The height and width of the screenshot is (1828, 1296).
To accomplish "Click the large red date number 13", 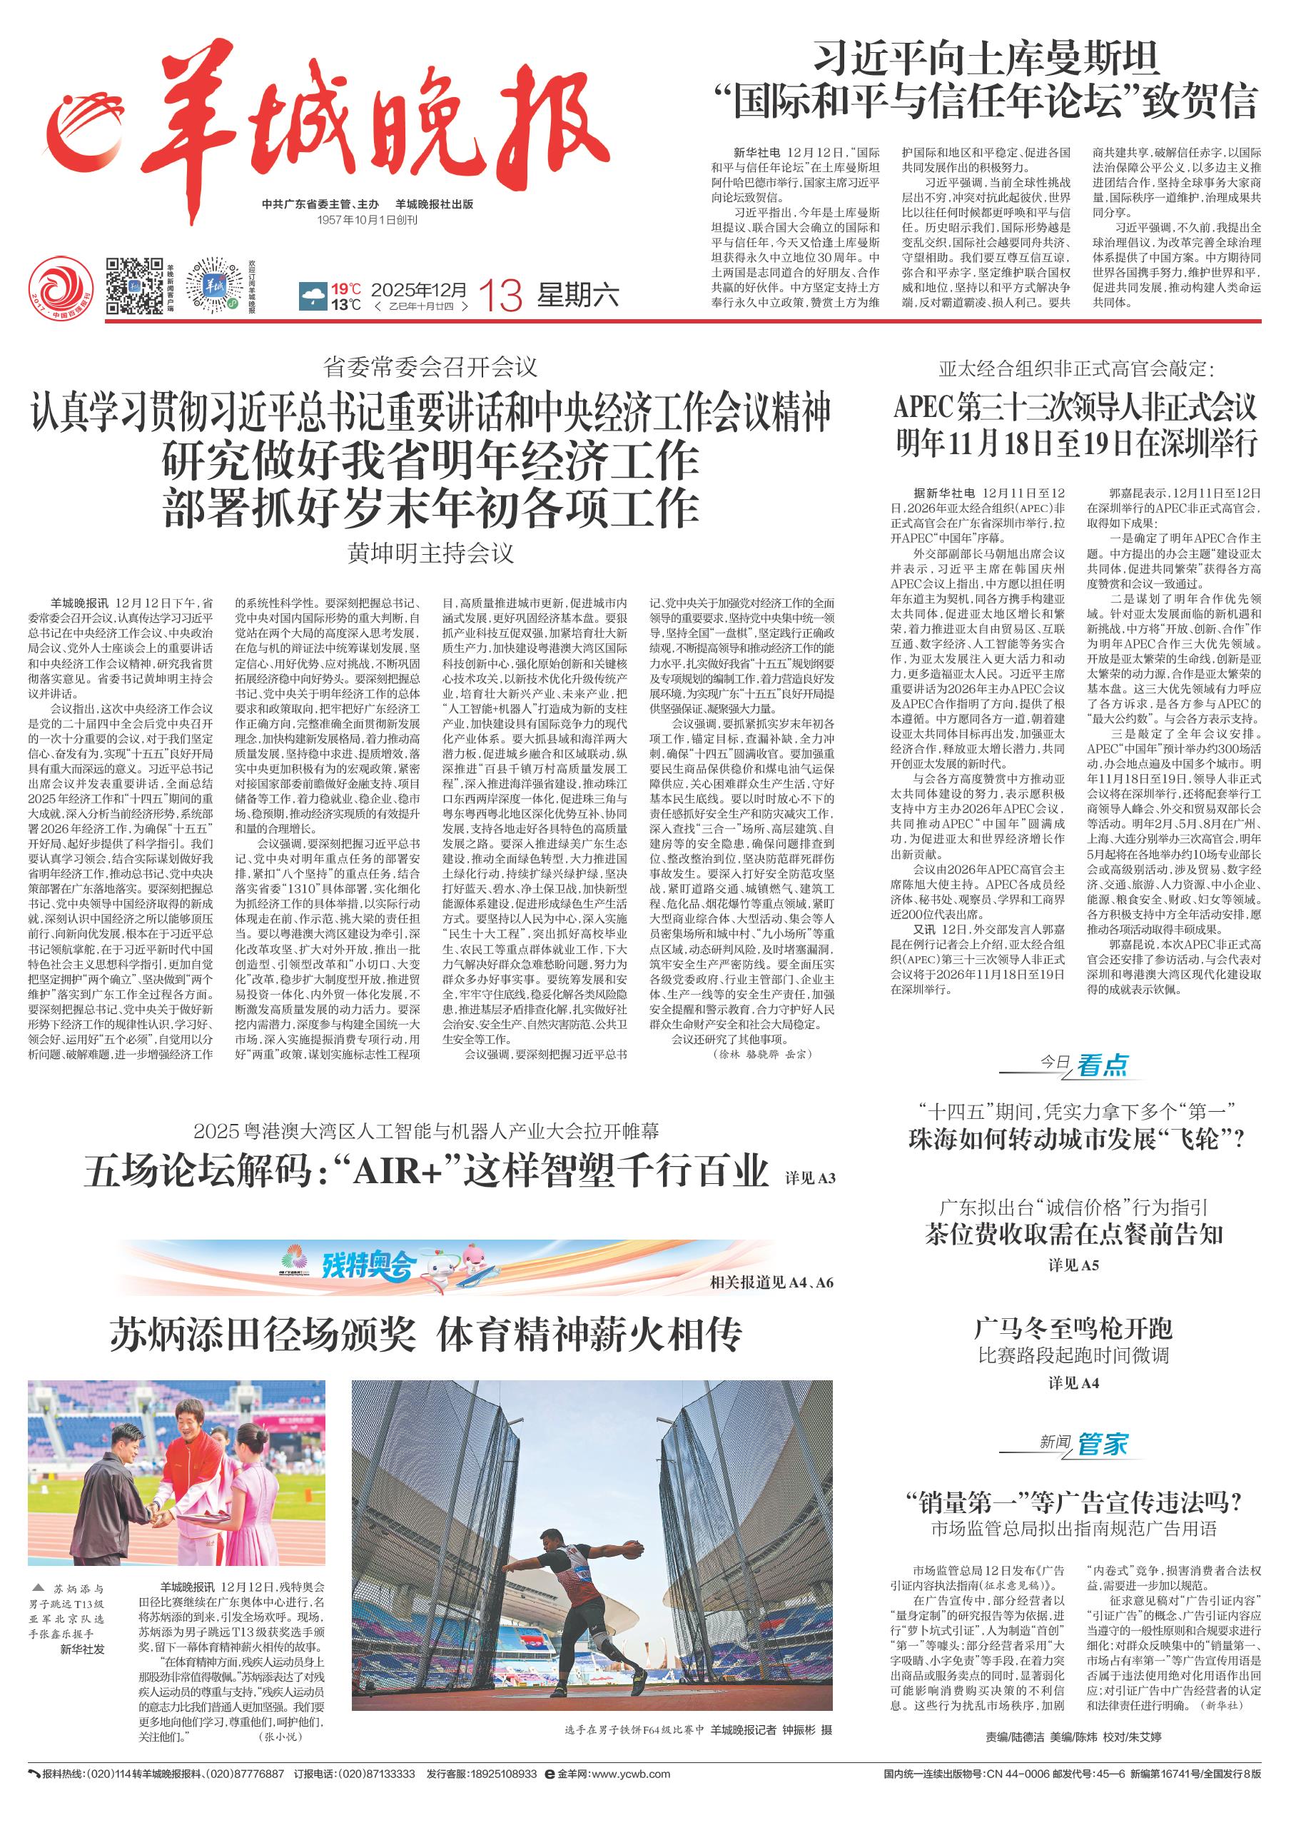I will [502, 297].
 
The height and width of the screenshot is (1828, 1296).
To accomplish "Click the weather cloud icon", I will [312, 298].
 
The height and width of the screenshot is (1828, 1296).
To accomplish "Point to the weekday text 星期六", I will [578, 296].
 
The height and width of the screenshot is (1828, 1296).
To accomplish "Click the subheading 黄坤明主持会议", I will [431, 553].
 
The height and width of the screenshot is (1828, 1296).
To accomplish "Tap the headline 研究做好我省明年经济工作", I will [431, 461].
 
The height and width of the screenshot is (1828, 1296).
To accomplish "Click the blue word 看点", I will [1103, 1065].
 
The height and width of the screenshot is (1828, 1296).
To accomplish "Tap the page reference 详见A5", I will [1073, 1265].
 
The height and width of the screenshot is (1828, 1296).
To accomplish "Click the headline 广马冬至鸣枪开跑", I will [1073, 1328].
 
